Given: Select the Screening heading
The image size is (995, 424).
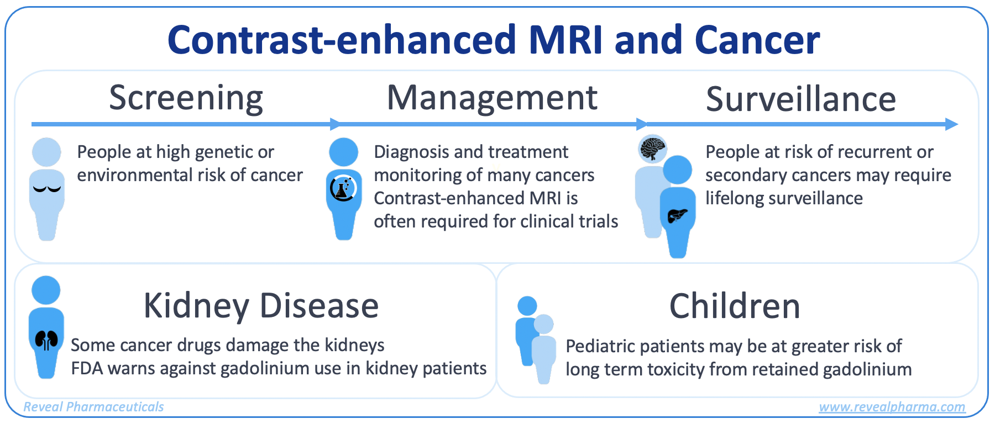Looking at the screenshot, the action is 186,98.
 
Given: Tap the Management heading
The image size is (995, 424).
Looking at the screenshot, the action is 492,98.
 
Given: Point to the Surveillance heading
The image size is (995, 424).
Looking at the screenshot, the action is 801,99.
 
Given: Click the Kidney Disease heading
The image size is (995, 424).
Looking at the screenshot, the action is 261,305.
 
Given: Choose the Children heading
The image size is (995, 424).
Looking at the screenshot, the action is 735,306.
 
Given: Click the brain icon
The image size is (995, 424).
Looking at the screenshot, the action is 653,149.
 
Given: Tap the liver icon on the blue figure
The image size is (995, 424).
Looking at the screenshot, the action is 677,215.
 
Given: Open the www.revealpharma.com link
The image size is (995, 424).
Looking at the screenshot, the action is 892,407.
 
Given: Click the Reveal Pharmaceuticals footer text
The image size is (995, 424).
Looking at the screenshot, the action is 93,407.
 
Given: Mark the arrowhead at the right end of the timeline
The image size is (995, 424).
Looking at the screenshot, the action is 952,124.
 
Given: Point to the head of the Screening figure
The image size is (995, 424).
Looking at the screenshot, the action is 46,152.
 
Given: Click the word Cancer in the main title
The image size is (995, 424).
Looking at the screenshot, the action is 757,40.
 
